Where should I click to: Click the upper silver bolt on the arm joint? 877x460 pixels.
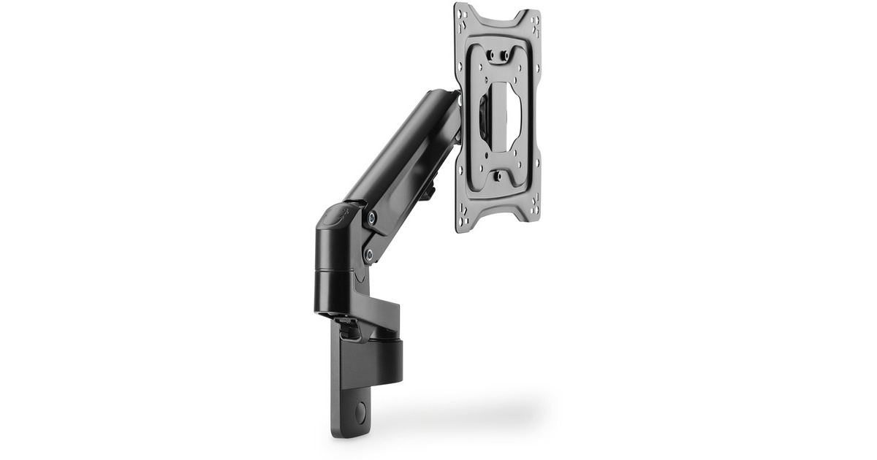(x=373, y=217)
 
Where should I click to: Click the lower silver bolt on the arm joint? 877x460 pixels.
(x=368, y=253)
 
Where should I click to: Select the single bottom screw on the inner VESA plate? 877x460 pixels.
(x=497, y=176)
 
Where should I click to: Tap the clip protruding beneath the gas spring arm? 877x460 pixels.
(x=430, y=191)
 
